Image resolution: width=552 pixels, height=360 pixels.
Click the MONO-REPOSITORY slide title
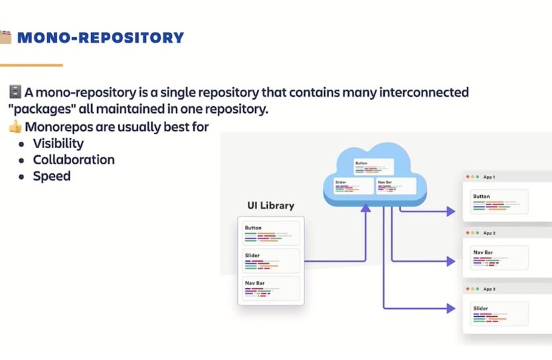[x=100, y=37]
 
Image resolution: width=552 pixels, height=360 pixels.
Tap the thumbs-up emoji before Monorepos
[x=15, y=126]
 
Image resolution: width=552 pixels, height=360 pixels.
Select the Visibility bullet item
[x=58, y=143]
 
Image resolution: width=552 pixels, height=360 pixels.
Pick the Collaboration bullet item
[x=74, y=160]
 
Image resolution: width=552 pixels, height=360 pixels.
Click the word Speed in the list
[x=52, y=177]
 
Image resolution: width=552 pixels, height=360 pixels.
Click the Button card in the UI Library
[x=271, y=233]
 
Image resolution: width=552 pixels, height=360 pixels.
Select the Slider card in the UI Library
[x=271, y=260]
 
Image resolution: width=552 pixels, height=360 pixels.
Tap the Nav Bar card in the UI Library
[x=271, y=288]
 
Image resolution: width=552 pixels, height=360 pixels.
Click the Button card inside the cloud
[x=373, y=167]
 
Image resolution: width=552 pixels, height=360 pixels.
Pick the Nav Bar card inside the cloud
[x=395, y=186]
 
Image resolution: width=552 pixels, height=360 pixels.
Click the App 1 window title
[x=489, y=177]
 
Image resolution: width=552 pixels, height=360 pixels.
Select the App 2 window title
[x=489, y=233]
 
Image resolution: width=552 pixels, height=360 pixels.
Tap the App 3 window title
[x=489, y=290]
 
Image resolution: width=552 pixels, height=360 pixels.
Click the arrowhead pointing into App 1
[x=451, y=212]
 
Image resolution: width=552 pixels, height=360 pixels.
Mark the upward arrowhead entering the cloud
[x=365, y=209]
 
